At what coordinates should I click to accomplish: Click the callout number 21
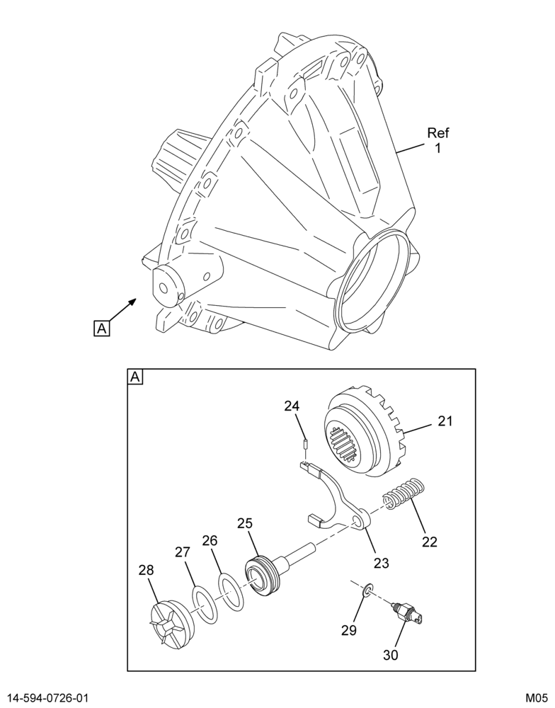tap(445, 421)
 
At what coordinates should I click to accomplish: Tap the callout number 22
tap(430, 542)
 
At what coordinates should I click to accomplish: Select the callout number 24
tap(292, 406)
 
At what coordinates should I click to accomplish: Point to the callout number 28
tap(146, 570)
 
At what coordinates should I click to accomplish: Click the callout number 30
tap(391, 654)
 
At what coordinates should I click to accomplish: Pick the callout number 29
tap(348, 630)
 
